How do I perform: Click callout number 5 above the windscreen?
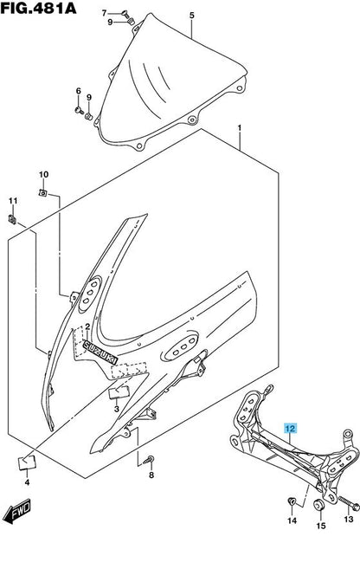coord(192,16)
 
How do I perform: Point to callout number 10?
coord(44,174)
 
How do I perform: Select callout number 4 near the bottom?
coord(27,506)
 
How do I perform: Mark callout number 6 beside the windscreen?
coord(79,91)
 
